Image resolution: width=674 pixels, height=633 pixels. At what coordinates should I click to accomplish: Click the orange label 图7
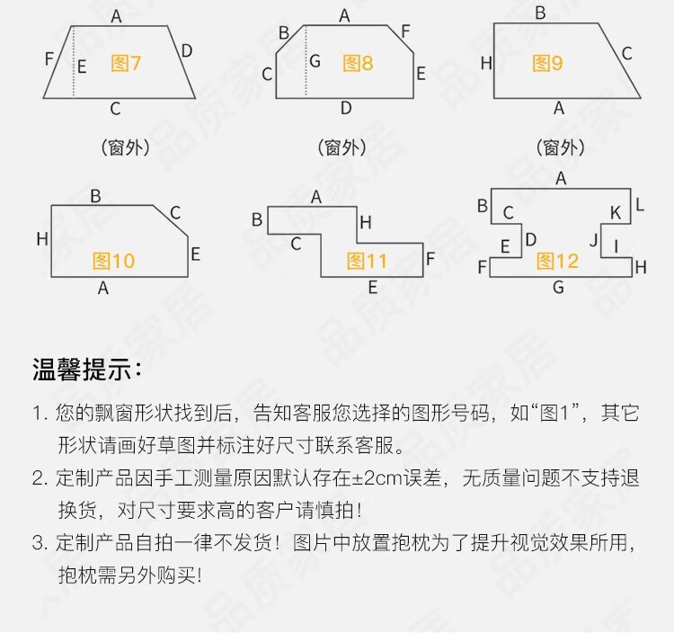(x=126, y=63)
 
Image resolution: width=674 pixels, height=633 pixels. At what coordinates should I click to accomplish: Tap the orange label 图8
(x=358, y=63)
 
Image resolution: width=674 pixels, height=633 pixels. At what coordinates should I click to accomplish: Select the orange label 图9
(x=547, y=63)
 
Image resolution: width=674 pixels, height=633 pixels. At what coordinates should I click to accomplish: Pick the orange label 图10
(x=113, y=261)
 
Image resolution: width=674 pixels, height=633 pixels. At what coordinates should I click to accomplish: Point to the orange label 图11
(x=367, y=261)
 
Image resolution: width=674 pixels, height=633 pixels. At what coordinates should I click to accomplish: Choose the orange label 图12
(x=558, y=261)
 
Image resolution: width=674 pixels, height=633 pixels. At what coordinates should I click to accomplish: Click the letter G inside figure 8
(x=314, y=62)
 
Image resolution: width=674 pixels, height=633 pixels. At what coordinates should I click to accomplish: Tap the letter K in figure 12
(x=616, y=212)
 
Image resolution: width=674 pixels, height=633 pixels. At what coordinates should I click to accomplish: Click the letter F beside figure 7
(x=49, y=59)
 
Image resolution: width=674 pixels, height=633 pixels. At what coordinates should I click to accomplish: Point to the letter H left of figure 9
(x=486, y=63)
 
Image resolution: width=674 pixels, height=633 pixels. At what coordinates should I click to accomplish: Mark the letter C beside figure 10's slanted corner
(x=175, y=213)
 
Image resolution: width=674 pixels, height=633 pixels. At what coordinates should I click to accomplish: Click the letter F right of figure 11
(x=430, y=259)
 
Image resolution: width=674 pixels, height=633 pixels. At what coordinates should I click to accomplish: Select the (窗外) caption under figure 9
(x=560, y=147)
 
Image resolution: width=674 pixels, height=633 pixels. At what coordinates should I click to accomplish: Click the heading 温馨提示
(x=86, y=370)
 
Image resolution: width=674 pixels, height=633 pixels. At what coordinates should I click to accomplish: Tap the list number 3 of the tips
(x=38, y=542)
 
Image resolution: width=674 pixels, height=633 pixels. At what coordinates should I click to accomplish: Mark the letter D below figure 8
(x=346, y=108)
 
